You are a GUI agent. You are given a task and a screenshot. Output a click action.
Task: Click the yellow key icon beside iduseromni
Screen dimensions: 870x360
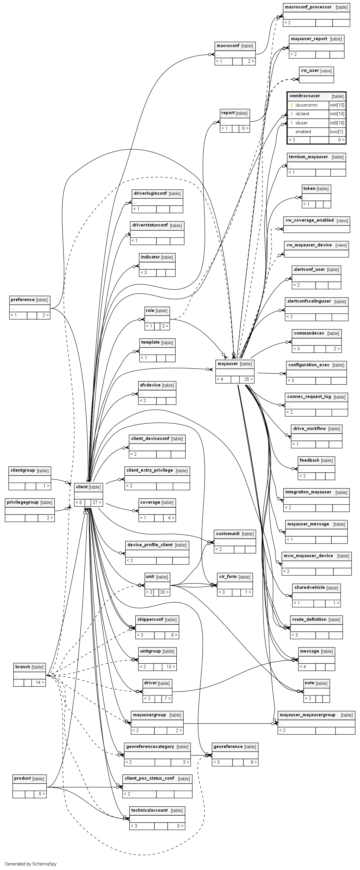pos(292,105)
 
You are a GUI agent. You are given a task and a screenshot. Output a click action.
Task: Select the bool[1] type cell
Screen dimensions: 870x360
pos(337,132)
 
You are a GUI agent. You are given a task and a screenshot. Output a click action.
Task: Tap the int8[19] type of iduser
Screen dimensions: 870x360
pos(337,123)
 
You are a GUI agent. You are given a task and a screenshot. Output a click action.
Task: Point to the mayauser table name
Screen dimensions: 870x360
pos(228,364)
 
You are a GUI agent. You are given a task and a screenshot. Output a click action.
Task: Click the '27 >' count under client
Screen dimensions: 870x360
pos(97,502)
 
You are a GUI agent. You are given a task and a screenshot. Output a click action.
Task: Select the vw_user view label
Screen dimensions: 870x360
pos(309,71)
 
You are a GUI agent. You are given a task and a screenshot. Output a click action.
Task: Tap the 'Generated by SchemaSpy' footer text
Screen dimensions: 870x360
pos(31,864)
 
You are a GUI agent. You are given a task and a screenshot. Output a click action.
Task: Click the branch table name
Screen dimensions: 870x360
pos(23,667)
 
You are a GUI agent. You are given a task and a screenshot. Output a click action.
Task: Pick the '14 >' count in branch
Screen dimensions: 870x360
pos(40,682)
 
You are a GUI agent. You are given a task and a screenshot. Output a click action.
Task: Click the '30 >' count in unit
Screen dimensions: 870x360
pos(164,592)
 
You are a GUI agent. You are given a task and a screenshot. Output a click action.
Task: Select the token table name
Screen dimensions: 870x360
pos(309,188)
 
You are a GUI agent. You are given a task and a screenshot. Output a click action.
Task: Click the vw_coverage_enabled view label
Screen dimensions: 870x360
pos(309,220)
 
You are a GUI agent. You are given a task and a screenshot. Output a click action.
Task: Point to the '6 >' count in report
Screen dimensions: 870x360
pos(245,128)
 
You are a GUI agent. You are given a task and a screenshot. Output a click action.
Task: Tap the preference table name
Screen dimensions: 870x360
pos(23,300)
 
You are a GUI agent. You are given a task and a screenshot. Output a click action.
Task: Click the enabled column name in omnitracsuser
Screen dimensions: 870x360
pos(303,132)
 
